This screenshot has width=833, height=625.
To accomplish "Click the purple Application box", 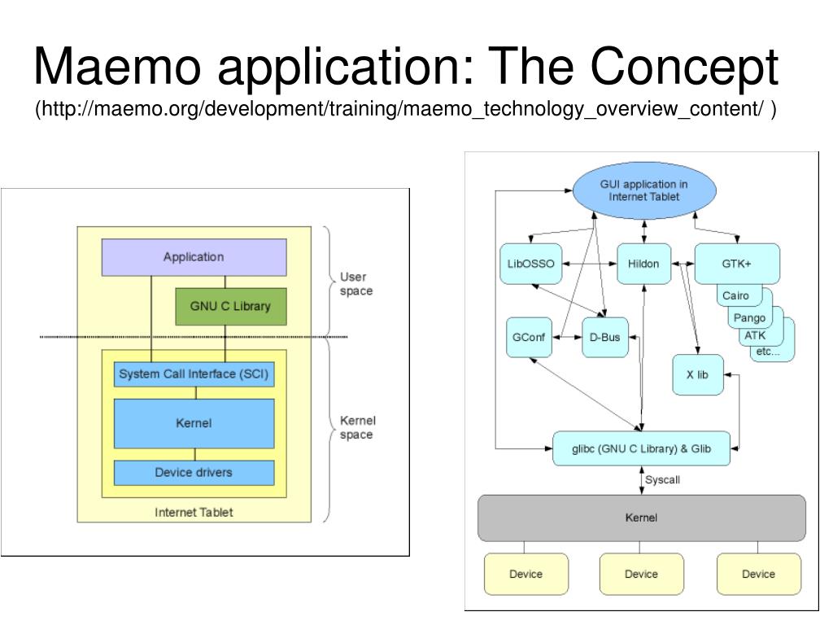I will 194,257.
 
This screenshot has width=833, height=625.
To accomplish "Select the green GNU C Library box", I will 230,306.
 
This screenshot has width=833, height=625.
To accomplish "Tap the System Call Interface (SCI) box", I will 194,374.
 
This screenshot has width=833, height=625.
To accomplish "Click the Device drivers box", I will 194,472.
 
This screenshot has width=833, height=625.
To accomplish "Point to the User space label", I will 356,283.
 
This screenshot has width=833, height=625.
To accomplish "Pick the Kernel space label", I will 357,427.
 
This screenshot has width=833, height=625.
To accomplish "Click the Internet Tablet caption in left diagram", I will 194,512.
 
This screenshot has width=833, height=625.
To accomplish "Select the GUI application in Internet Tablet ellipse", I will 643,190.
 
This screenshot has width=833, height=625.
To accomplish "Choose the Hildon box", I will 643,264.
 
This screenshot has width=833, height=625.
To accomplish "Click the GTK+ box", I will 736,264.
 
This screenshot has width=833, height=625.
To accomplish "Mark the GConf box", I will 528,337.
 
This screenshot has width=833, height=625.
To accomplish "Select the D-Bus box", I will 605,337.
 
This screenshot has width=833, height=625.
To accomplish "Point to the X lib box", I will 697,374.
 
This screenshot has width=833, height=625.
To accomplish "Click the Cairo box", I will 735,295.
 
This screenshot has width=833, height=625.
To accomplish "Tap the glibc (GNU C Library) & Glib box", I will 641,448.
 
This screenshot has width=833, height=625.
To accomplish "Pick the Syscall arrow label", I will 662,480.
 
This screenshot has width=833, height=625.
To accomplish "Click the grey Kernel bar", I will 641,518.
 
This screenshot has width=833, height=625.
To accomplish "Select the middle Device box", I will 641,574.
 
